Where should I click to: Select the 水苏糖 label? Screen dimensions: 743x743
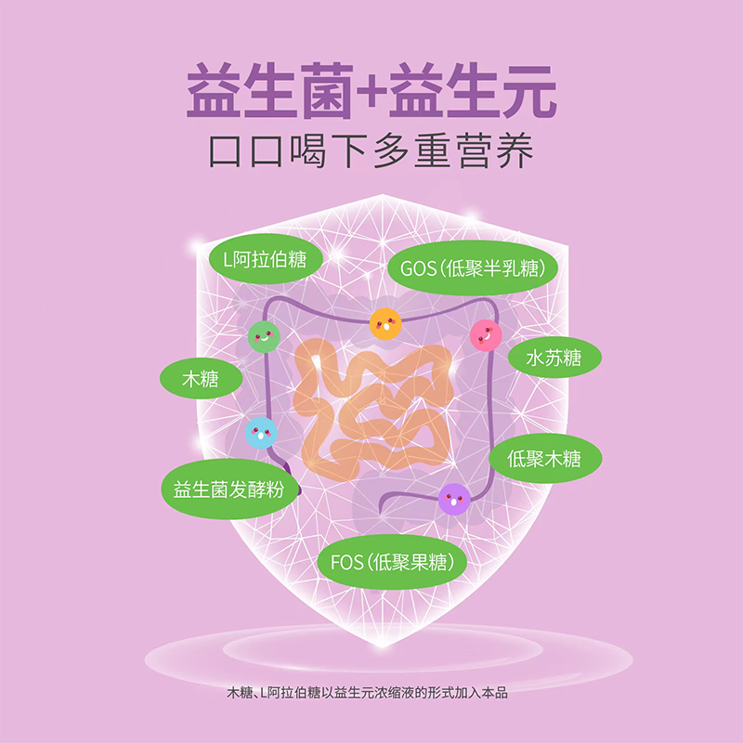tap(554, 358)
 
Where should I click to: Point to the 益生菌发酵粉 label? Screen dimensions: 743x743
tap(228, 489)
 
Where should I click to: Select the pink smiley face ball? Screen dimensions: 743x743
tap(485, 334)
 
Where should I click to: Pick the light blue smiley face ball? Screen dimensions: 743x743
tap(261, 432)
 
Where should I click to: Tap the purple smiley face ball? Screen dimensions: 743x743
tap(454, 500)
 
